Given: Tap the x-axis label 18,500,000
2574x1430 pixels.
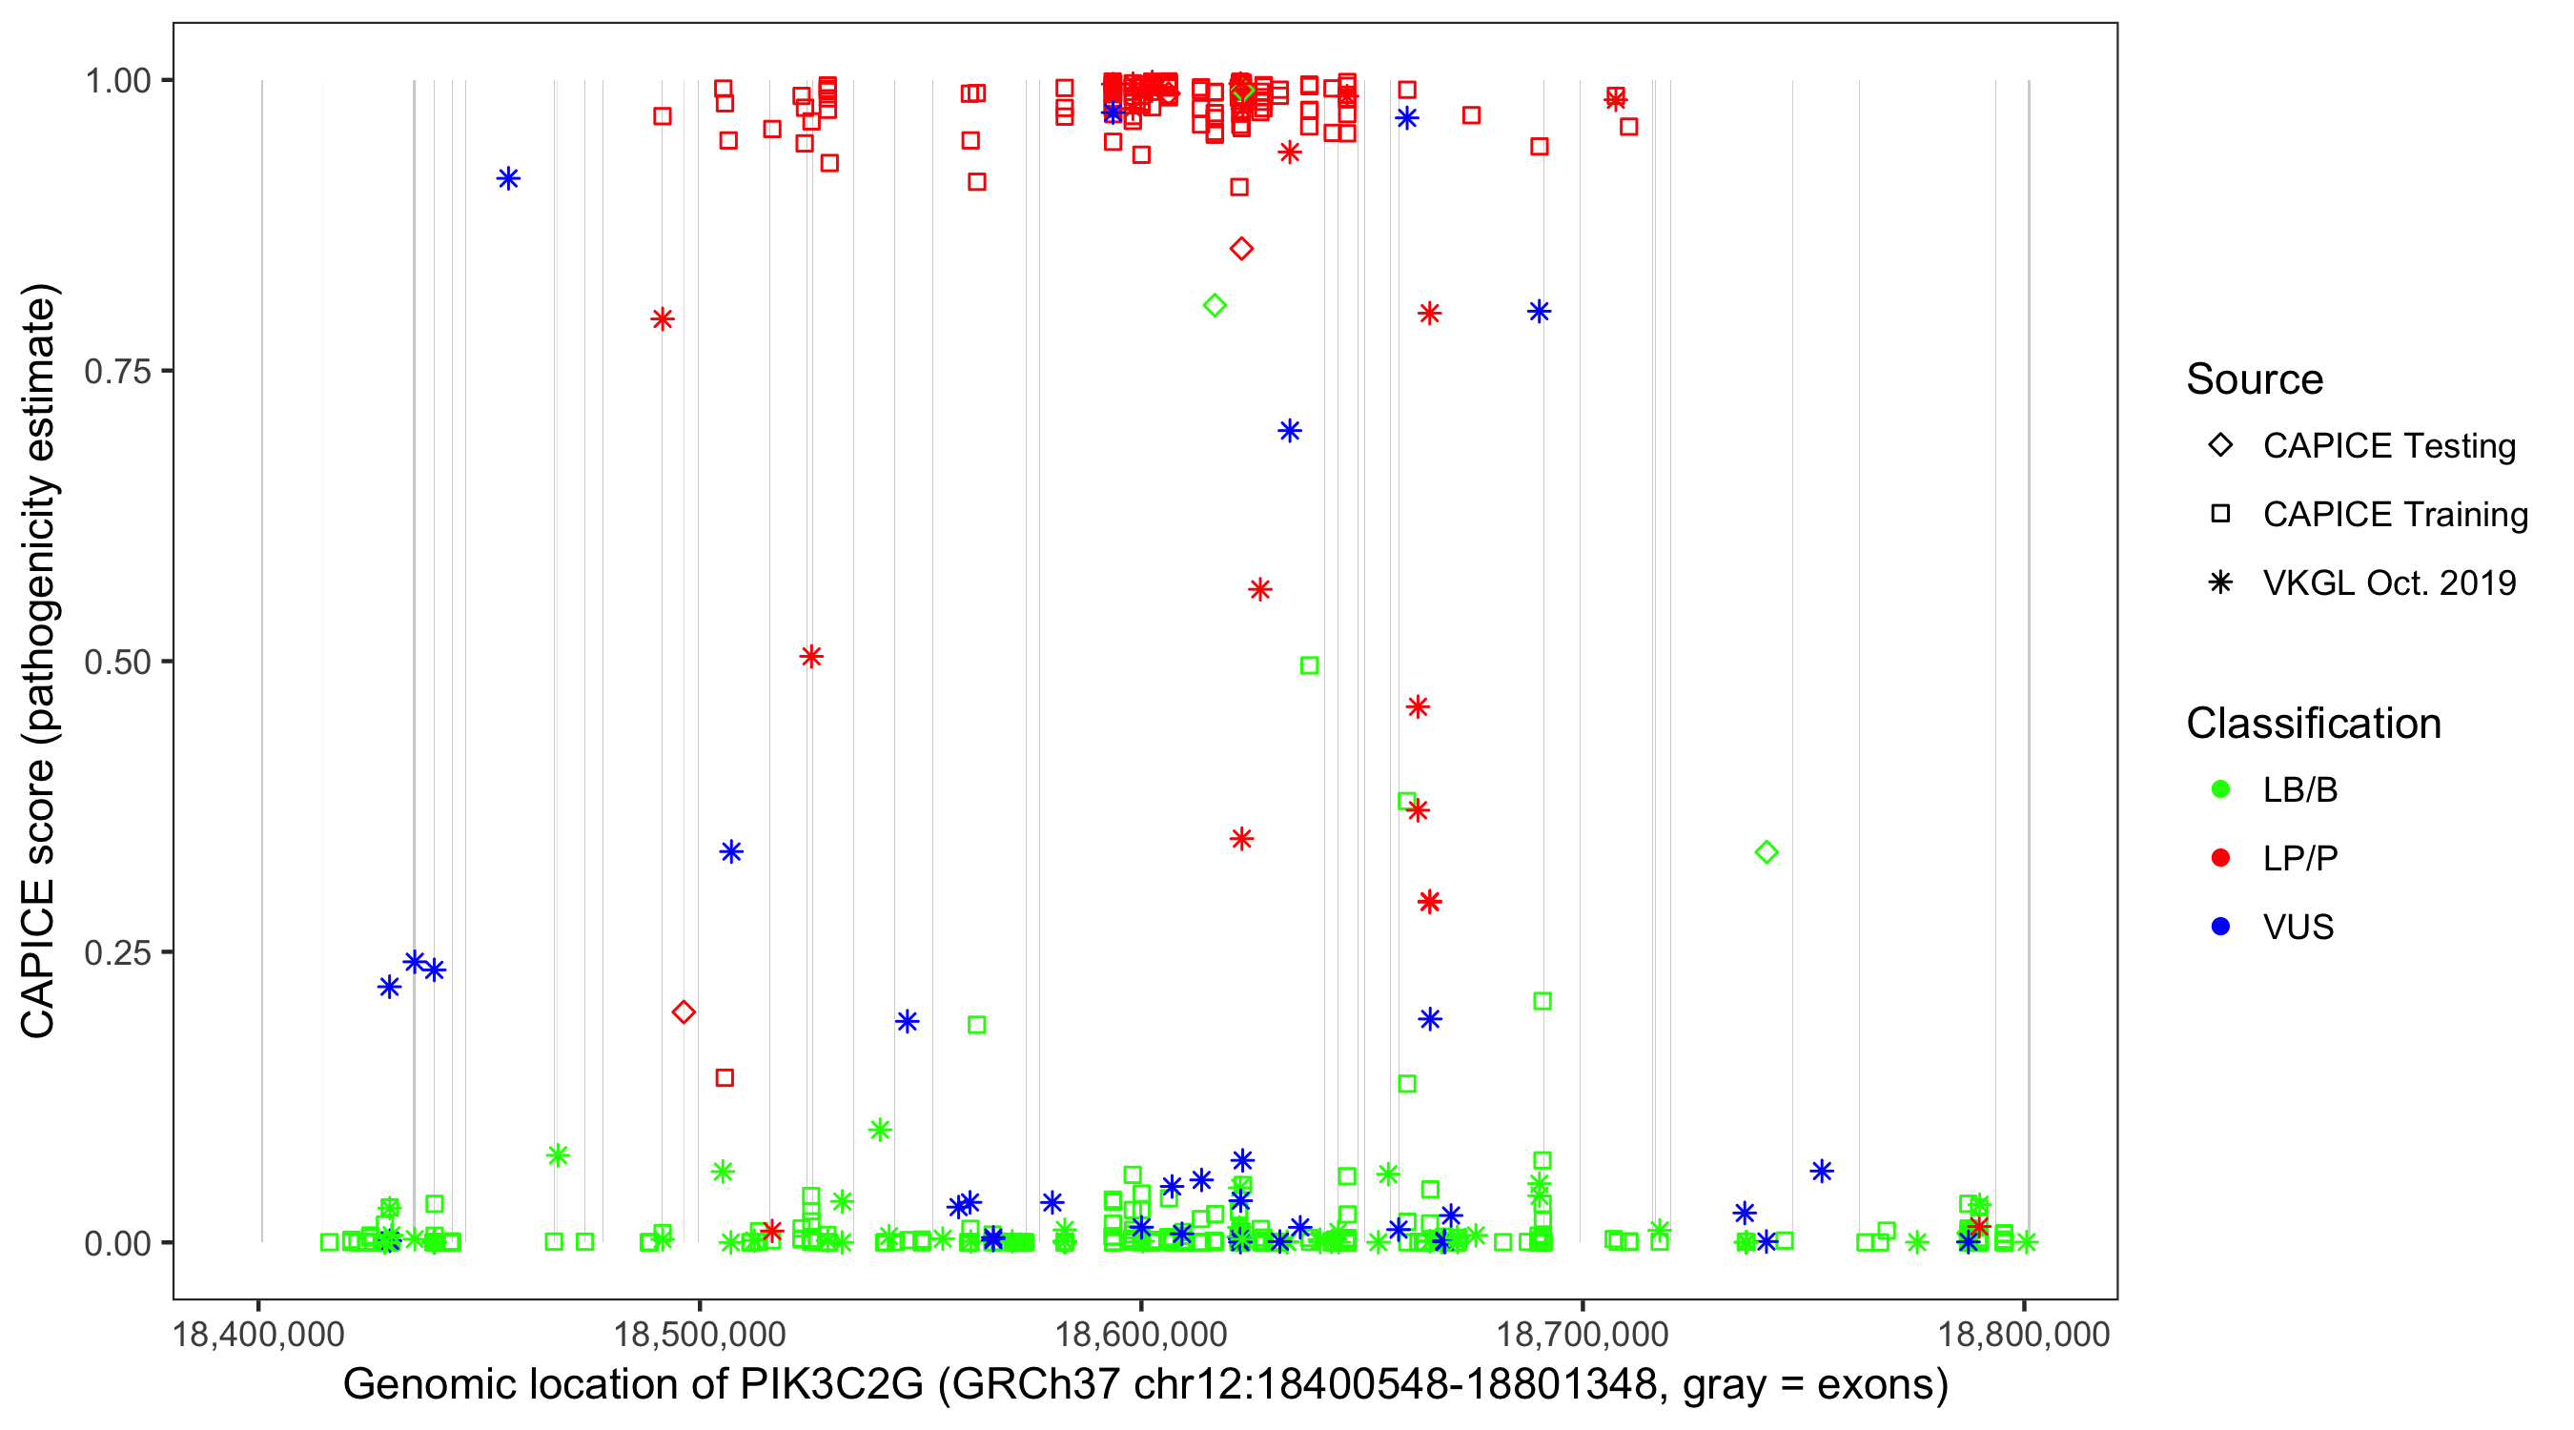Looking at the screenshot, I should point(700,1334).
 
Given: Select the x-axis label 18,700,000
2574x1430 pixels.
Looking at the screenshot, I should point(1582,1334).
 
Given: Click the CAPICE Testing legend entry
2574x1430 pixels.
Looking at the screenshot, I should point(2388,446).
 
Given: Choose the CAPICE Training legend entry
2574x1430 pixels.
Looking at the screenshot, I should point(2394,515).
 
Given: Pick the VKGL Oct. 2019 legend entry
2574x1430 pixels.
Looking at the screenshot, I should point(2388,582).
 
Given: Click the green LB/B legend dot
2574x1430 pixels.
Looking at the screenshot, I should point(2220,789).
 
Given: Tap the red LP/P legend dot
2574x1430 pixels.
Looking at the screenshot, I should point(2220,858).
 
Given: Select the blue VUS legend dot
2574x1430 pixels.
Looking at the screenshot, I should point(2220,927).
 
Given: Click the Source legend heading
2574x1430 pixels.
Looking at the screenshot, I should point(2255,379).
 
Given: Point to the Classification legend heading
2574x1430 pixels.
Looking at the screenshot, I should point(2313,724).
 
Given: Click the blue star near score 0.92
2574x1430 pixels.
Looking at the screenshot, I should point(509,179).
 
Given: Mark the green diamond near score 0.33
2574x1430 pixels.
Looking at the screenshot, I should point(1767,852).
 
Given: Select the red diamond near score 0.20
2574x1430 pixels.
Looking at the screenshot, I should point(684,1012).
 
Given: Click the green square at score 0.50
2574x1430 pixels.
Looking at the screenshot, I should point(1309,665).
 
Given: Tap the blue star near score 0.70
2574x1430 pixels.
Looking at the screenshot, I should point(1289,431).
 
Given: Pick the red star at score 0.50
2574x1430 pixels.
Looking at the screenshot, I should point(811,657).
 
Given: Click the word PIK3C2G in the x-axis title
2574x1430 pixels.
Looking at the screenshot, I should point(831,1385).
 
